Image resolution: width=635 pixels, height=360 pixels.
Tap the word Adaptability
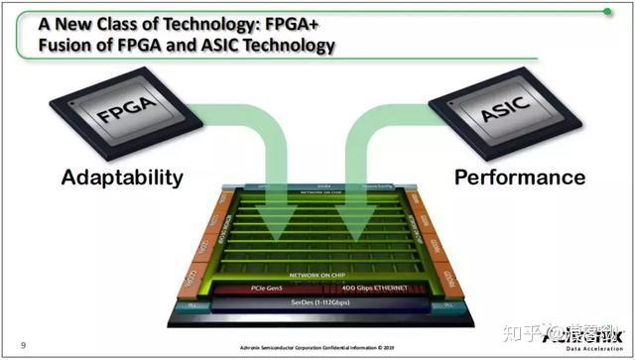122,178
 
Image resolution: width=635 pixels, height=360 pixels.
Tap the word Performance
520,178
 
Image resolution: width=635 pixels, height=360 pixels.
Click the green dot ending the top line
607,12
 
